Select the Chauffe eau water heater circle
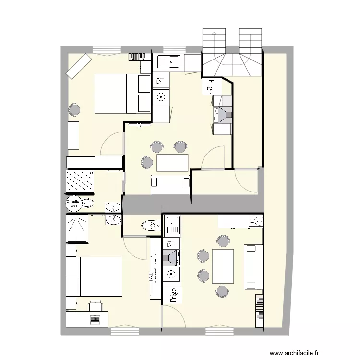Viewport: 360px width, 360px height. (73, 204)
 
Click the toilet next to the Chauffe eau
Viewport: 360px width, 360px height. (86, 204)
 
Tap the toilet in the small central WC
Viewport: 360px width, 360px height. (149, 225)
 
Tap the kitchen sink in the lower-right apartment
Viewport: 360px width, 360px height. (172, 224)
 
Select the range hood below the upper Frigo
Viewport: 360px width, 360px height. (223, 114)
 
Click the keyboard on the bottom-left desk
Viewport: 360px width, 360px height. (95, 318)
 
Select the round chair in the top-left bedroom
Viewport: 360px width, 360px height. (74, 110)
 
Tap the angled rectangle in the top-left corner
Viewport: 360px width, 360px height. (79, 65)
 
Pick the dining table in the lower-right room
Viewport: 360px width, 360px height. (223, 266)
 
